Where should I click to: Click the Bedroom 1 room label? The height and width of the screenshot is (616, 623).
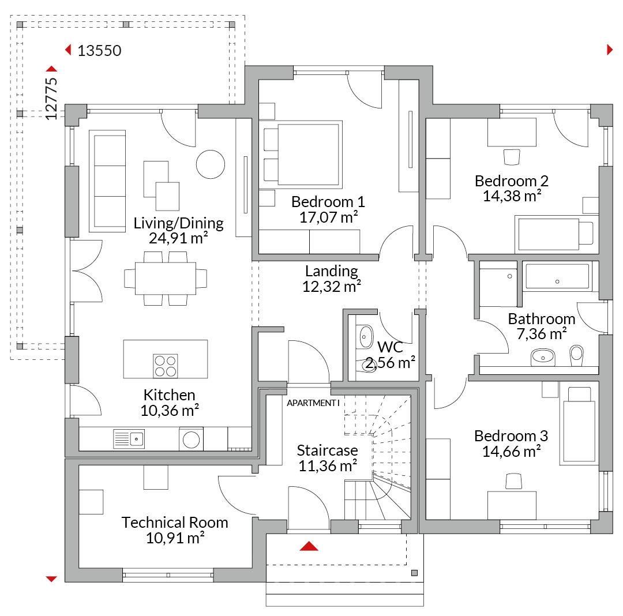(x=328, y=202)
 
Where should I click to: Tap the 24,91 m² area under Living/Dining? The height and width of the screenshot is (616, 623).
(x=178, y=238)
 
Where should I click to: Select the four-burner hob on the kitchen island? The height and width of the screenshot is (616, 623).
(x=166, y=366)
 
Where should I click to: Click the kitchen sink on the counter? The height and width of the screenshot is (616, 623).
(x=129, y=439)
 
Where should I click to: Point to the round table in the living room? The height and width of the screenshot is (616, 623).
(x=211, y=164)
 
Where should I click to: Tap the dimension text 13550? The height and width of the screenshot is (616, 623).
(x=99, y=51)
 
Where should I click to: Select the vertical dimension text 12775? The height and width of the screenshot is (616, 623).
(x=51, y=99)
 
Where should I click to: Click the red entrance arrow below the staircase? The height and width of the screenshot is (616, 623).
(x=309, y=546)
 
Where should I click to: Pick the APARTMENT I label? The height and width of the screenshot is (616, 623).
(x=313, y=403)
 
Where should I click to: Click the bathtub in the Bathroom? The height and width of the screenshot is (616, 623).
(x=557, y=276)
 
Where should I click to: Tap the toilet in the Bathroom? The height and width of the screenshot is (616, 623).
(x=576, y=355)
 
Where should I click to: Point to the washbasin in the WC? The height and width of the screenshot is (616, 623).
(x=366, y=337)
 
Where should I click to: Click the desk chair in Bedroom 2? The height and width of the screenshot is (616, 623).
(x=511, y=157)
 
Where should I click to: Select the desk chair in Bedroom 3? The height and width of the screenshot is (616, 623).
(x=513, y=482)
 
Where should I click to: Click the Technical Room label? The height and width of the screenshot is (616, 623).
(x=175, y=523)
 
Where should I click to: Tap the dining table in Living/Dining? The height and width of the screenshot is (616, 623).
(x=166, y=279)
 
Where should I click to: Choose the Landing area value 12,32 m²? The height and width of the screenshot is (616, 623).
(x=332, y=286)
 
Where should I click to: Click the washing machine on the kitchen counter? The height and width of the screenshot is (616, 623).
(x=191, y=440)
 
